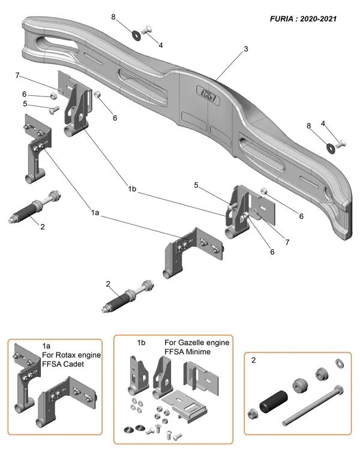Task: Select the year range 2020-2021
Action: pos(319,19)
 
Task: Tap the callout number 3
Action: pos(245,50)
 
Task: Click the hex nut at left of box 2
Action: pos(253,413)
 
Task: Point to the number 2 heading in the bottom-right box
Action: pos(254,361)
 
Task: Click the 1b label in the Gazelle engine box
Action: pos(142,342)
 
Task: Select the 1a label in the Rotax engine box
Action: pos(47,346)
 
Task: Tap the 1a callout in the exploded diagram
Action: pos(95,212)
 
